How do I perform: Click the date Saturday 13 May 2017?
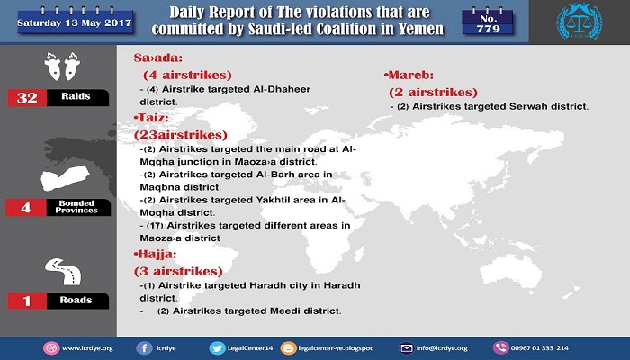point(75,22)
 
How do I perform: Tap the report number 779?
point(488,29)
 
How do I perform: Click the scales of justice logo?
point(579,22)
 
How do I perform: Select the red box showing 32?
point(27,97)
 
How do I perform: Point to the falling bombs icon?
point(62,66)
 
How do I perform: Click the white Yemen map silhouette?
point(65,177)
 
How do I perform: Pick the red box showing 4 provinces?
point(26,207)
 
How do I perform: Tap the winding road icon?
point(63,271)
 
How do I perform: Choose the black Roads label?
point(77,300)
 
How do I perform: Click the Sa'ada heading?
point(157,58)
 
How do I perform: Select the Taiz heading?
point(151,118)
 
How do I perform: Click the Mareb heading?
point(409,75)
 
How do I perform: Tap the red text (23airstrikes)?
point(180,135)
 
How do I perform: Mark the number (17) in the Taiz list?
point(155,226)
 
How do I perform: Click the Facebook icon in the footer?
point(144,348)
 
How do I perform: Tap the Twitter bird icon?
point(218,348)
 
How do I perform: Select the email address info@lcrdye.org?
point(442,348)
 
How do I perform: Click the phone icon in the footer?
point(500,348)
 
